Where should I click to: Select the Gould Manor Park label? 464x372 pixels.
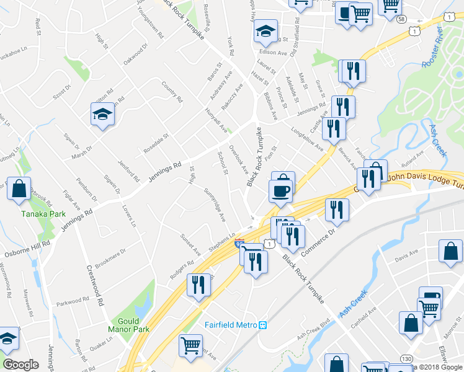coord(128,325)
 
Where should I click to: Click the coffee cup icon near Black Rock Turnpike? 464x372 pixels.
coord(281,190)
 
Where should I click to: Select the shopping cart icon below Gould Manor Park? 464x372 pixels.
coord(190,345)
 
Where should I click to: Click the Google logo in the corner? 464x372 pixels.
coord(21,364)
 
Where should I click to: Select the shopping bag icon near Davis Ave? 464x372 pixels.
coord(450,251)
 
